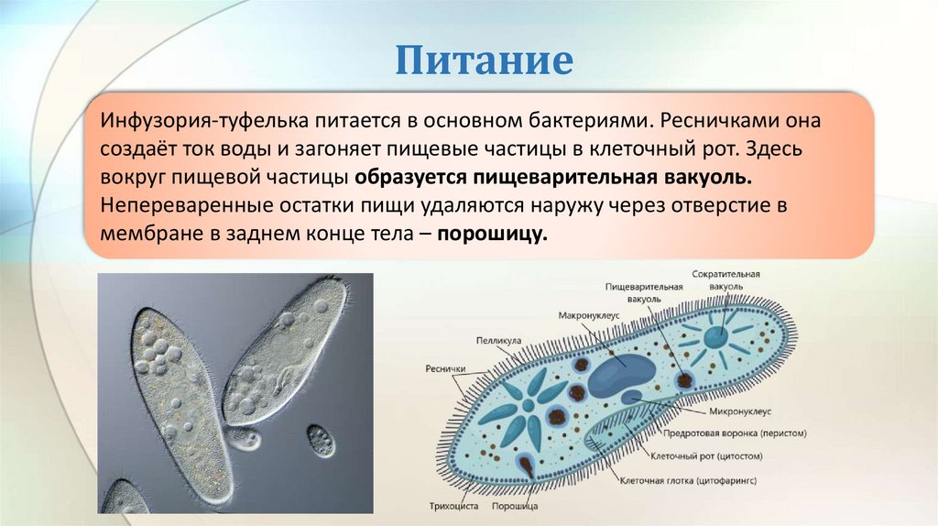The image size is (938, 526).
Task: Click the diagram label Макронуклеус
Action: [x=590, y=315]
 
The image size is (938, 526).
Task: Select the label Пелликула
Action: [x=498, y=340]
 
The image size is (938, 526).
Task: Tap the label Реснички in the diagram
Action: [x=446, y=370]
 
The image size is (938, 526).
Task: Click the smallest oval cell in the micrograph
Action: [x=321, y=440]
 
